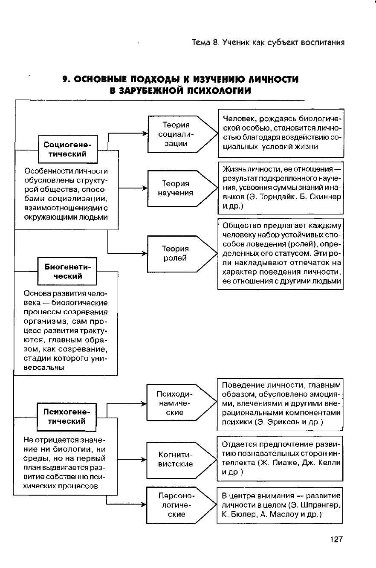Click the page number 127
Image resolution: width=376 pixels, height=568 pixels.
(x=336, y=540)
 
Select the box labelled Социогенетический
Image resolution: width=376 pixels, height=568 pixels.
(x=67, y=149)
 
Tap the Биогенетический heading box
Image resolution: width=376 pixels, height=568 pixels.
(x=67, y=271)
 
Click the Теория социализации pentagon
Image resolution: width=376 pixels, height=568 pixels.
(x=179, y=134)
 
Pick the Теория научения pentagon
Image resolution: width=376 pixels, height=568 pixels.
(x=179, y=188)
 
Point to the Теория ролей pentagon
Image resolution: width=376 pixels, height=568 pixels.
(x=179, y=253)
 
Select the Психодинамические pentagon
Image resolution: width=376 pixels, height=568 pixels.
(x=179, y=403)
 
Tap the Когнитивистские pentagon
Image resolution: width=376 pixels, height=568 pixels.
(x=179, y=459)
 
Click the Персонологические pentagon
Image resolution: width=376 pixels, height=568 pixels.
(x=179, y=505)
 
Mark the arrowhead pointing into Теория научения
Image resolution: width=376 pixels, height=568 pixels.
(x=145, y=188)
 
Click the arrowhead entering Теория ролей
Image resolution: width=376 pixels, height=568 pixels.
(x=145, y=253)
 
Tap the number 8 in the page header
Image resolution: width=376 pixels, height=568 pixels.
(x=217, y=42)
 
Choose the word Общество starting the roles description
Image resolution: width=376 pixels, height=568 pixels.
(x=240, y=226)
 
